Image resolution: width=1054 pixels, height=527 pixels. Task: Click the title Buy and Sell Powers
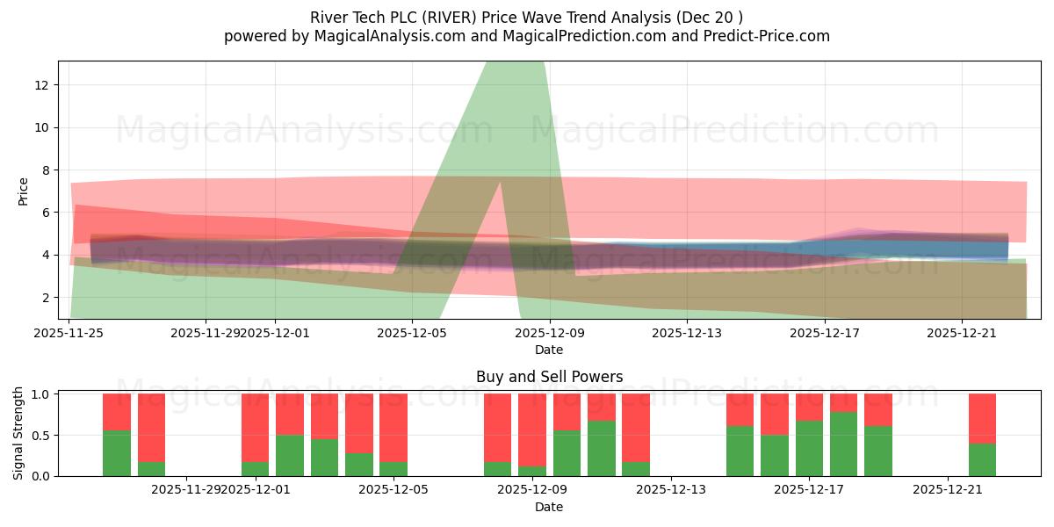tap(549, 377)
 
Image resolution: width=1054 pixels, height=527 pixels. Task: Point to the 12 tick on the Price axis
tap(41, 85)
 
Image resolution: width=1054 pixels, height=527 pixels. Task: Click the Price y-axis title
tap(24, 191)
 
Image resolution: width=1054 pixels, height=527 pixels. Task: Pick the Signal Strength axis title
tap(18, 434)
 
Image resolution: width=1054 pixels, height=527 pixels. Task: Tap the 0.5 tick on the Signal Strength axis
tap(40, 435)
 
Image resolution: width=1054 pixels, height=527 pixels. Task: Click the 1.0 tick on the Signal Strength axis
tap(40, 394)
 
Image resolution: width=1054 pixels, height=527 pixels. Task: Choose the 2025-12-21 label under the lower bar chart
tap(948, 489)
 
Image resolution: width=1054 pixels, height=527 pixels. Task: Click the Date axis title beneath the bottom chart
tap(549, 507)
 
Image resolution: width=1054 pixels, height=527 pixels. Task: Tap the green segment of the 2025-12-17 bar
tap(809, 448)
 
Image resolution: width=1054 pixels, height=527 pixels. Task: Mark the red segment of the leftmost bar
tap(117, 411)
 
